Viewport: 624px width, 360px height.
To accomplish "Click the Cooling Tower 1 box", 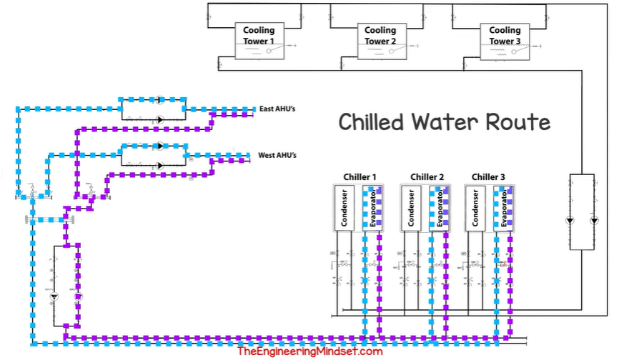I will point(258,40).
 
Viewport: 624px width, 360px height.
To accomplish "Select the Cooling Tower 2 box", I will point(380,40).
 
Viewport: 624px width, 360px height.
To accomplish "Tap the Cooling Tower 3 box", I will point(505,40).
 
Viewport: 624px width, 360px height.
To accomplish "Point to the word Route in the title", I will point(518,122).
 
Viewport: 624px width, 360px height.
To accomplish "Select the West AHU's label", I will point(277,154).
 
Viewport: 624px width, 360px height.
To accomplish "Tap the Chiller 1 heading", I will point(360,176).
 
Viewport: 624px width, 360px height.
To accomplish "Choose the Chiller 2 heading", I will point(427,176).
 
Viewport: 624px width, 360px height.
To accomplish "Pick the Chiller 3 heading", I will point(489,176).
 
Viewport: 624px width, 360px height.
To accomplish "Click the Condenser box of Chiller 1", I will point(344,208).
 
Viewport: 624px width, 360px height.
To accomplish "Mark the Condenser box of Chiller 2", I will point(411,208).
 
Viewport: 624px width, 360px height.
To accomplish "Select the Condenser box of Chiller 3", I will point(475,208).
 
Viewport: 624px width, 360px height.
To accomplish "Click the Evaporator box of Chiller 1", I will point(372,208).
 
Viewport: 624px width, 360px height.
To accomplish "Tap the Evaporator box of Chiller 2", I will point(439,208).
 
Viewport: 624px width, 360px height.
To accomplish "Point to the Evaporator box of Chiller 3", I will point(504,208).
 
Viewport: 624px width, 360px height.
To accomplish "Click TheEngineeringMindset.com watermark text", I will point(309,351).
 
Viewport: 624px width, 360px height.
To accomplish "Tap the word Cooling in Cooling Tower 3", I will point(505,30).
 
